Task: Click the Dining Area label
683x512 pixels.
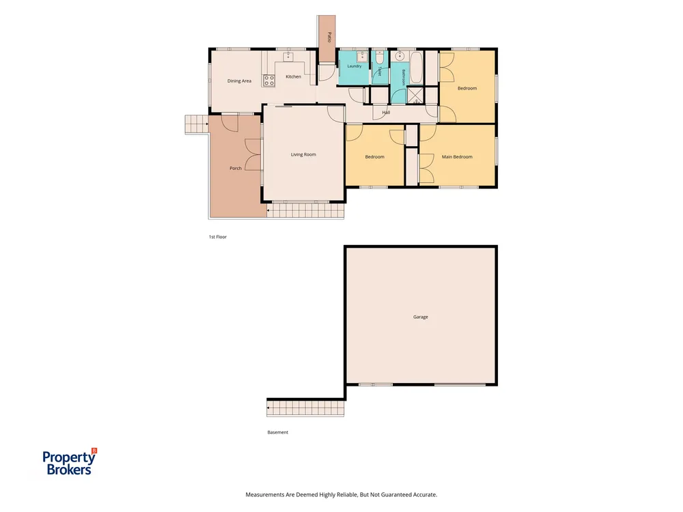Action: [x=239, y=81]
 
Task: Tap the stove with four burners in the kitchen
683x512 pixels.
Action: [x=268, y=80]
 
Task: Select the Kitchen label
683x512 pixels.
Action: [x=293, y=76]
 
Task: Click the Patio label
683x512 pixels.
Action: [x=329, y=37]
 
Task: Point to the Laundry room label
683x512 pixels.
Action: [x=354, y=66]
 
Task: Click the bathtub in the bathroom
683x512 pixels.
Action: [x=416, y=68]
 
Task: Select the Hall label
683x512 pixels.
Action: [x=386, y=113]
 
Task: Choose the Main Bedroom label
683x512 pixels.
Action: [x=457, y=157]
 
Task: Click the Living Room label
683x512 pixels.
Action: [x=303, y=154]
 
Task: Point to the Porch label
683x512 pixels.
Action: [x=235, y=168]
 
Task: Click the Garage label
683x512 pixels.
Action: [x=420, y=317]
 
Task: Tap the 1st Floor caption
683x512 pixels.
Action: [x=218, y=237]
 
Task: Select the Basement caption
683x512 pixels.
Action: [x=277, y=432]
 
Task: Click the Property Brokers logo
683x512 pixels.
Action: [x=70, y=461]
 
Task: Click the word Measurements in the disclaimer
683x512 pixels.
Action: [x=265, y=494]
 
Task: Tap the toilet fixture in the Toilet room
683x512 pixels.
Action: [x=379, y=57]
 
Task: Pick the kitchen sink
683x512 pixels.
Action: [x=288, y=56]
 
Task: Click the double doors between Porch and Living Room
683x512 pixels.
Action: [x=253, y=154]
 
